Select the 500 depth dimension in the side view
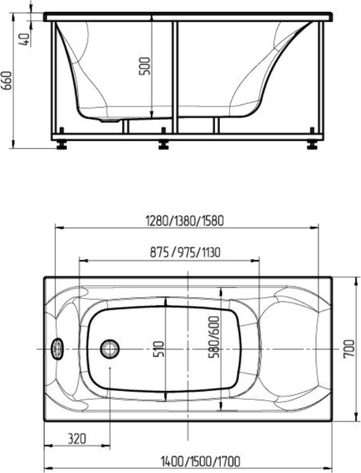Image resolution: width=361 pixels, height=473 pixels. (x=143, y=69)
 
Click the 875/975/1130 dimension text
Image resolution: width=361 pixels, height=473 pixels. (x=185, y=253)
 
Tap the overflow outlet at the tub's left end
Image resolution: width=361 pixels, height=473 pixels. (x=56, y=348)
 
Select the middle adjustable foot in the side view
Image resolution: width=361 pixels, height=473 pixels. (x=164, y=143)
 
